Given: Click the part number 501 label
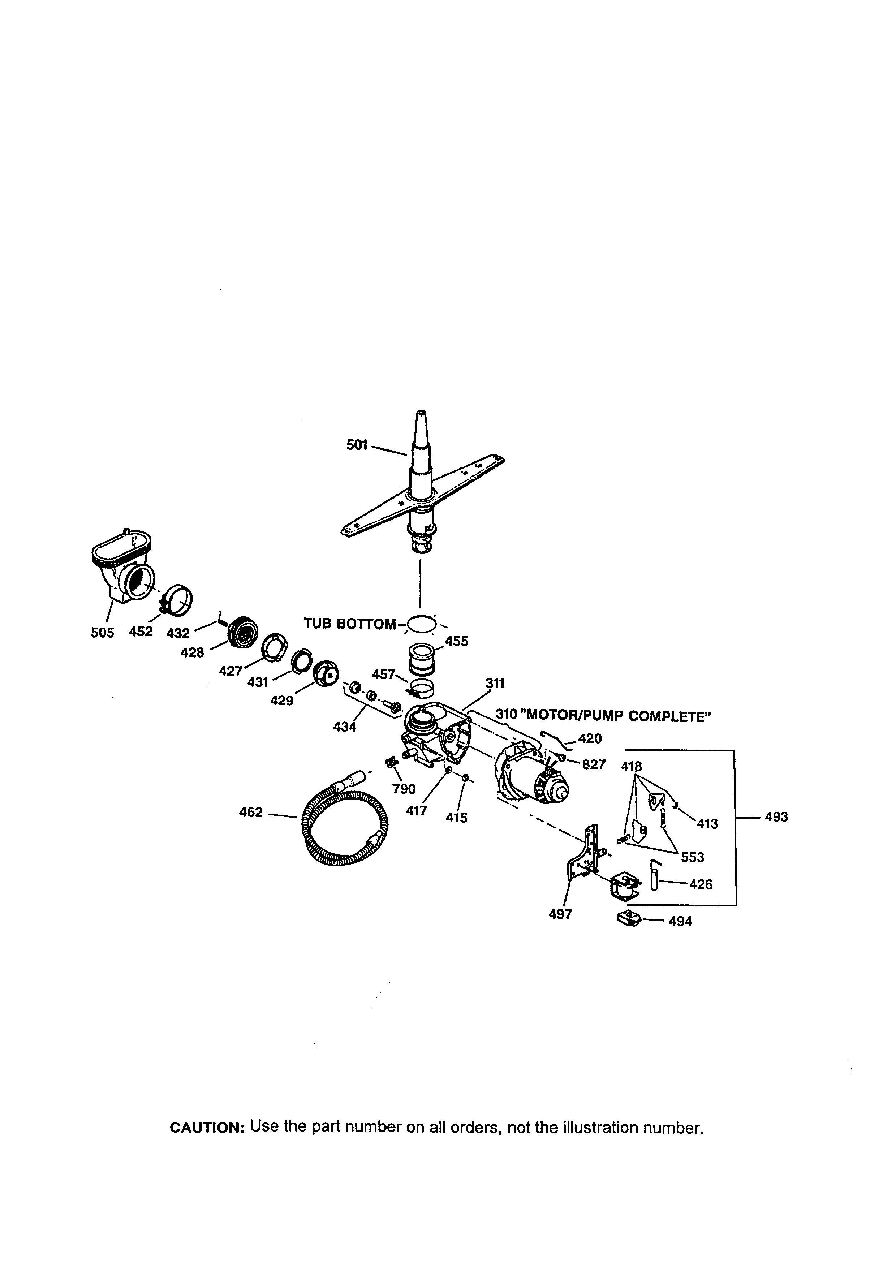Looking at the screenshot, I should (357, 444).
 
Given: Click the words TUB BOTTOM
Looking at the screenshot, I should (349, 624).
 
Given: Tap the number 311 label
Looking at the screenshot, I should (495, 683).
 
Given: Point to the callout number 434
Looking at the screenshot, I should (344, 727).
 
